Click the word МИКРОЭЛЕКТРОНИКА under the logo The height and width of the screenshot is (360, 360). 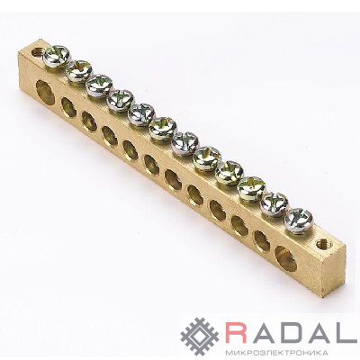click(x=275, y=352)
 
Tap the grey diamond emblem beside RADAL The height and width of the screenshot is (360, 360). click(x=200, y=337)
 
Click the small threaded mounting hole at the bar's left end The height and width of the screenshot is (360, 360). click(x=37, y=53)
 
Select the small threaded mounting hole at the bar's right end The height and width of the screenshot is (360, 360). click(x=322, y=243)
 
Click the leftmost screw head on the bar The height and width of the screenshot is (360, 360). click(x=57, y=56)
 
